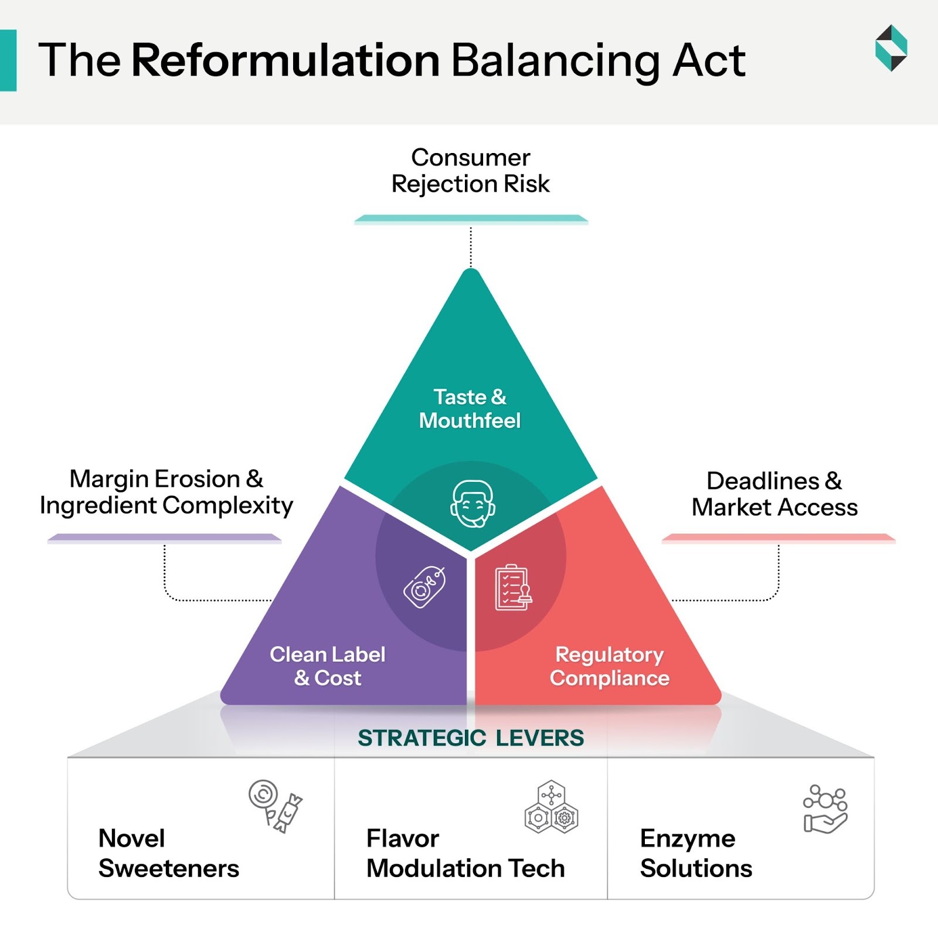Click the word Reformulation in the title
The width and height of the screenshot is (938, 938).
pos(286,60)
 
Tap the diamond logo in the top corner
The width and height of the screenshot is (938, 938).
pos(891,48)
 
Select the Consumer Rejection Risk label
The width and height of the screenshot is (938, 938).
pos(470,171)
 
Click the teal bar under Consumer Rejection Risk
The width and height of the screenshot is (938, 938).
pos(471,220)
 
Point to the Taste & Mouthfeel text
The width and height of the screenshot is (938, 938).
pos(470,409)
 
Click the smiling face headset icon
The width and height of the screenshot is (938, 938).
pos(473,504)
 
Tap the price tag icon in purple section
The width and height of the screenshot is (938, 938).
pos(424,587)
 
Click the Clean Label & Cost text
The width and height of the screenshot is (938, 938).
pos(327,666)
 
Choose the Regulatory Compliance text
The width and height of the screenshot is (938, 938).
pos(609,666)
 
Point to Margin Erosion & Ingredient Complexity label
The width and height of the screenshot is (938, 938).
pos(166,492)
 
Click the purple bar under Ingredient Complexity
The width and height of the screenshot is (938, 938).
pos(164,538)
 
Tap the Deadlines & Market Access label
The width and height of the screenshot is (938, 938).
pos(774,494)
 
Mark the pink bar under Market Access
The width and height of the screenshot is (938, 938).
pos(778,538)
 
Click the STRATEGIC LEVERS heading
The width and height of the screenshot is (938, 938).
pos(471,738)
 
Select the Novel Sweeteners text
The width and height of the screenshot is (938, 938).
pos(168,853)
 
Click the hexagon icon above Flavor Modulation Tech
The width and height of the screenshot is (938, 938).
pos(551,807)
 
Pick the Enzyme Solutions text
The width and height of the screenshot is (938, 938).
pos(695,853)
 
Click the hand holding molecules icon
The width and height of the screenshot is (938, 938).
pos(825,809)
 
